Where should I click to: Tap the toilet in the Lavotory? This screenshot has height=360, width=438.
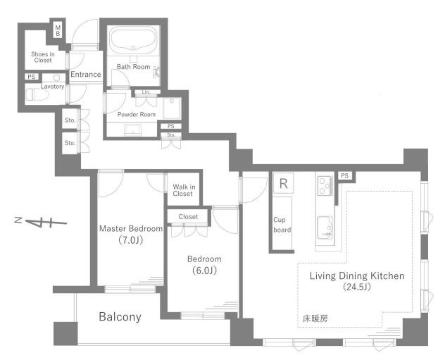click(x=36, y=94)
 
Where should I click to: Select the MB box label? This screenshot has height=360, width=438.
click(x=58, y=31)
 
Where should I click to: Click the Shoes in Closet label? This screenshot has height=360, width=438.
click(x=43, y=57)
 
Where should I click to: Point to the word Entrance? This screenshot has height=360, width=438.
click(x=85, y=75)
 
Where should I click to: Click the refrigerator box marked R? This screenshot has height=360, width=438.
click(x=283, y=183)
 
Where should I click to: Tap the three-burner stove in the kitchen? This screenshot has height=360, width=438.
click(x=325, y=185)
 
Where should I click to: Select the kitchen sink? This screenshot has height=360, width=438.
click(x=325, y=228)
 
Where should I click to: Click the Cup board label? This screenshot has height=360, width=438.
click(x=282, y=225)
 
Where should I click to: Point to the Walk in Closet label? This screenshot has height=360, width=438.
click(x=184, y=190)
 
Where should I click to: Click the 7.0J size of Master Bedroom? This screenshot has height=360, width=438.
click(x=131, y=240)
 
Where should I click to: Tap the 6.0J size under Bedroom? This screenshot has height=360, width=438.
click(x=204, y=271)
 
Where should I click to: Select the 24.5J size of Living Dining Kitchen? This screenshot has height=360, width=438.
click(x=357, y=287)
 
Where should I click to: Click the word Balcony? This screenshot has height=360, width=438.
click(x=120, y=317)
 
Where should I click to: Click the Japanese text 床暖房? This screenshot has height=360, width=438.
click(x=315, y=318)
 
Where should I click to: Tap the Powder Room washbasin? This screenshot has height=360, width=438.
click(x=132, y=130)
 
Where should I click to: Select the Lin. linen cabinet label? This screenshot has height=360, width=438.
click(x=146, y=92)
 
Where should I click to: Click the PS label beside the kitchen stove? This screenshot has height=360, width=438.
click(x=345, y=175)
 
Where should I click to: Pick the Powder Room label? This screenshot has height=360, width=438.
click(x=137, y=114)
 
